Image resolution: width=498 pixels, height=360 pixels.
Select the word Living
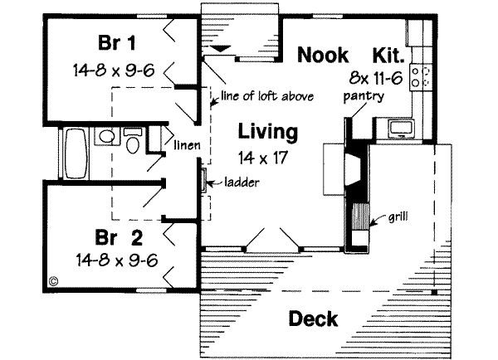(267, 131)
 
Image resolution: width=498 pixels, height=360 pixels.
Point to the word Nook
(326, 56)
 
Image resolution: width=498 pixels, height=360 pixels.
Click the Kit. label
(388, 56)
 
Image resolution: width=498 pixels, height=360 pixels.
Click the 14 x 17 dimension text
(267, 158)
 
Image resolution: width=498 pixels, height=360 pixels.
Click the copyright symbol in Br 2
(55, 280)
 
